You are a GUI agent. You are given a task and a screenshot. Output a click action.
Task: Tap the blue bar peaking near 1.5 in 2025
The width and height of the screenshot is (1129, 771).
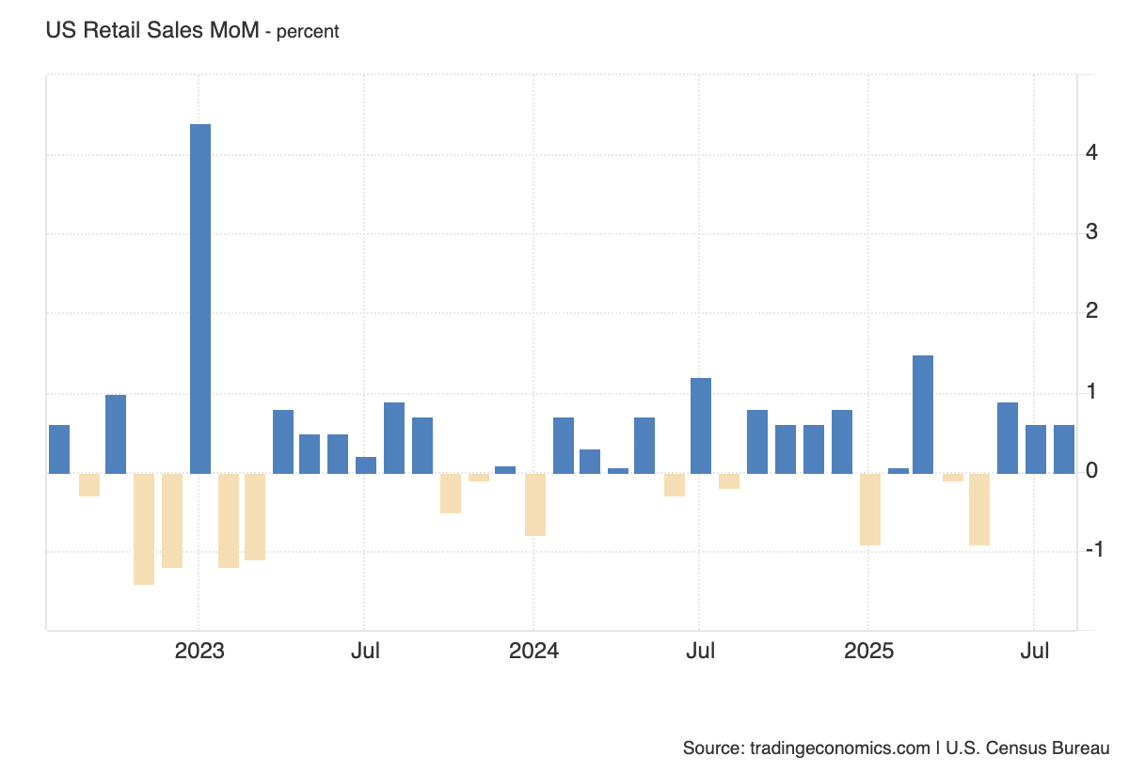point(923,414)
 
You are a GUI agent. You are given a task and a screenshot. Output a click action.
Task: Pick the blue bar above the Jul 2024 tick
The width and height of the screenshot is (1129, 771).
point(701,425)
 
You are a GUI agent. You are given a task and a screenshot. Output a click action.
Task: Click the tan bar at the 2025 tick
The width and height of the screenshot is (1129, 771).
point(870,509)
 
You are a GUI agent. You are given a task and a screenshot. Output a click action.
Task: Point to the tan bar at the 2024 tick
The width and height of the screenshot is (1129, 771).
point(535,504)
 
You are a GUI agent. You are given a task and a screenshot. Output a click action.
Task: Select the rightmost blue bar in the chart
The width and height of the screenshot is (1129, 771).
point(1064,448)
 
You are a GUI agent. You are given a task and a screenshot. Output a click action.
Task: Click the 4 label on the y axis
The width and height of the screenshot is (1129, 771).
point(1091,152)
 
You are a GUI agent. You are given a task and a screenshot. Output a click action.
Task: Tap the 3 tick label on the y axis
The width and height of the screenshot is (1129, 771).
point(1091,231)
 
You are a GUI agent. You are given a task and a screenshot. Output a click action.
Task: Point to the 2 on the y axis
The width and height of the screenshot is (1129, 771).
point(1091,311)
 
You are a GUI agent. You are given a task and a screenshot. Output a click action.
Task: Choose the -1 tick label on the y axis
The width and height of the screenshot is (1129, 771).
point(1093,550)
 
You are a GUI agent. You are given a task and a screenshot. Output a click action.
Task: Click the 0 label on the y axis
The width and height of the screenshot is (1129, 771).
point(1091,470)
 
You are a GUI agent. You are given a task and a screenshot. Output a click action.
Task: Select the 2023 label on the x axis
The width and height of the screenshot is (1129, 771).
point(199,651)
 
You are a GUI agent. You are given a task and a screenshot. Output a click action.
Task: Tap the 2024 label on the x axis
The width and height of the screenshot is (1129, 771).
point(533,651)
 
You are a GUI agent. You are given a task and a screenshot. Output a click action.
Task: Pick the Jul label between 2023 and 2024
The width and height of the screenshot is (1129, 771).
point(365,651)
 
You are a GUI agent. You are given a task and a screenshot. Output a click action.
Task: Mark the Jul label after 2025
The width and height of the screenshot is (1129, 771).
point(1035,651)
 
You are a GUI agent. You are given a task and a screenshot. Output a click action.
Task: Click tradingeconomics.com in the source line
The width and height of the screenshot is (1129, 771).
point(840,748)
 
